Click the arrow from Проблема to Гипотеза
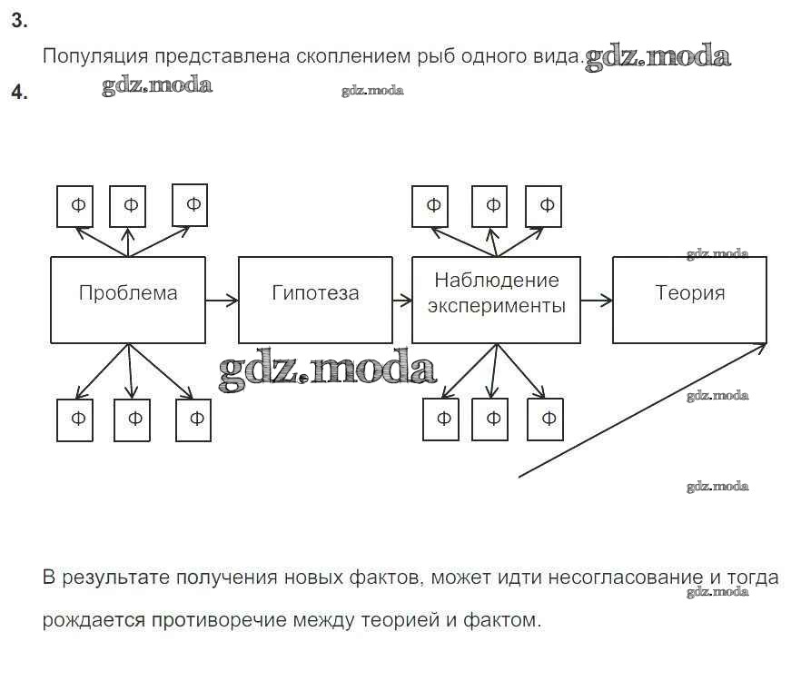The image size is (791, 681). (222, 299)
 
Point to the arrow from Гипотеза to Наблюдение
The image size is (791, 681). (401, 299)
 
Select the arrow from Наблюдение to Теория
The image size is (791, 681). (596, 299)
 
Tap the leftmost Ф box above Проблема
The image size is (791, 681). (76, 206)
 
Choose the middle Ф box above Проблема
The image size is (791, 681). (129, 206)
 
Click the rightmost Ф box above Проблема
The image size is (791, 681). (192, 204)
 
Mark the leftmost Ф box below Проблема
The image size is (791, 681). (74, 419)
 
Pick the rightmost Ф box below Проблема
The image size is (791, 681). (194, 419)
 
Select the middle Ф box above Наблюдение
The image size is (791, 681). (490, 206)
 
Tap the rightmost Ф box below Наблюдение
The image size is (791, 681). (548, 419)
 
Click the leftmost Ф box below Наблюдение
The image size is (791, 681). (441, 419)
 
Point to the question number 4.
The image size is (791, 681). (18, 92)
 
